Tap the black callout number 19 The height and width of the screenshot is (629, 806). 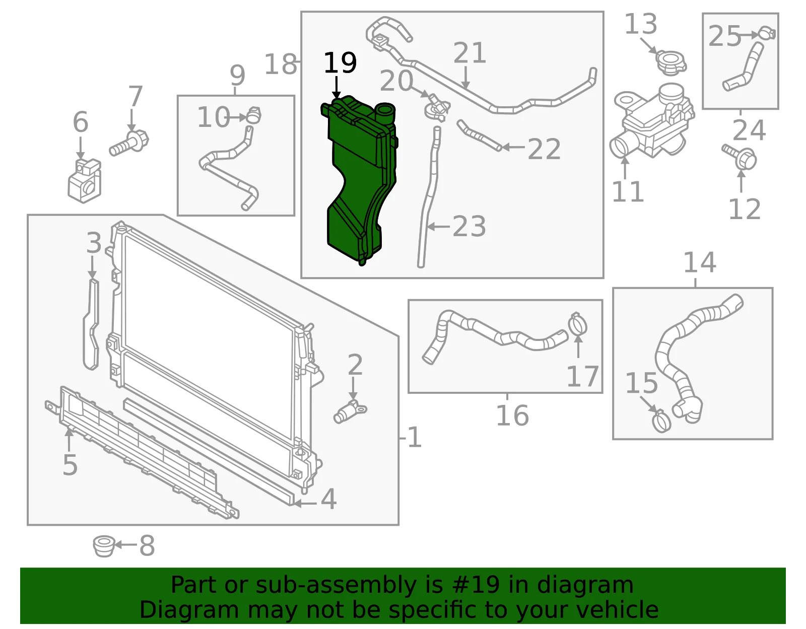(x=340, y=62)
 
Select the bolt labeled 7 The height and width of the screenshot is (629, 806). (x=128, y=144)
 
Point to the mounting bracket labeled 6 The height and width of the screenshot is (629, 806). (x=85, y=181)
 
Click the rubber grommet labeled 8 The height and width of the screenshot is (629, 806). (x=104, y=546)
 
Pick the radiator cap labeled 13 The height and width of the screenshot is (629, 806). (x=670, y=63)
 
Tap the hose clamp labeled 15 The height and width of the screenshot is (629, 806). (x=662, y=421)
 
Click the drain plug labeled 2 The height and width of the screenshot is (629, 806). (x=350, y=411)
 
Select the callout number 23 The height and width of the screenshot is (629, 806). (x=469, y=227)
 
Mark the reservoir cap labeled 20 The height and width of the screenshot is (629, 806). (x=438, y=108)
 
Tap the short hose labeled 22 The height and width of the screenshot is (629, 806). (x=479, y=135)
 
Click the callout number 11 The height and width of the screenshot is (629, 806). (x=628, y=192)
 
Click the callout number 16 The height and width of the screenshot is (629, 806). (x=512, y=415)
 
